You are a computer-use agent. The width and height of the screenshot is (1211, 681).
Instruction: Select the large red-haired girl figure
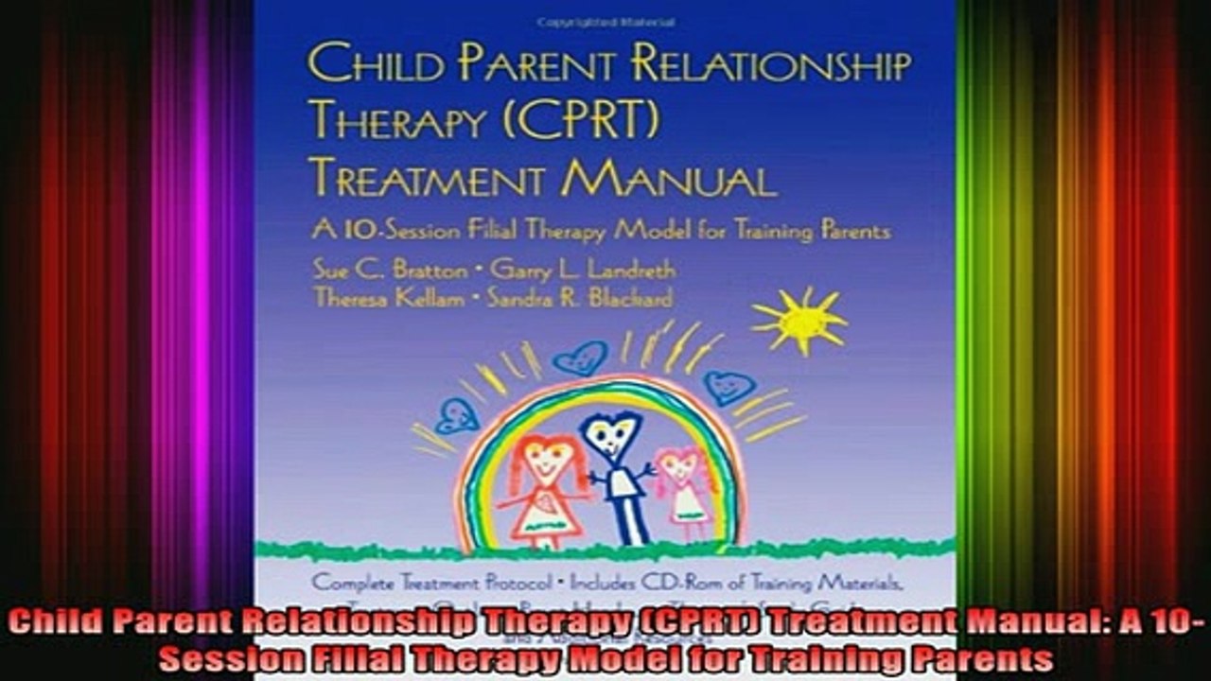[x=545, y=487]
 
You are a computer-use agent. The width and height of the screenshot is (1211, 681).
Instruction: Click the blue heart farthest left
[x=457, y=415]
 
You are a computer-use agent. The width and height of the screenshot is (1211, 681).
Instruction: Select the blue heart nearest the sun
[x=729, y=386]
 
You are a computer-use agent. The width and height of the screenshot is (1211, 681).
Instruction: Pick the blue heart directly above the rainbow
[x=579, y=358]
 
